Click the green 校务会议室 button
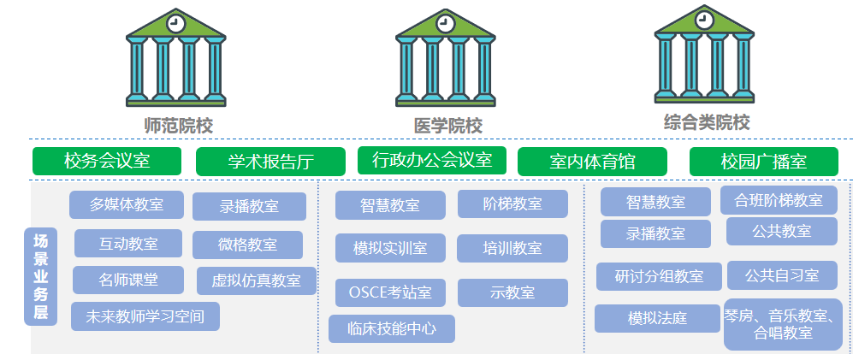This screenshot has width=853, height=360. (x=107, y=162)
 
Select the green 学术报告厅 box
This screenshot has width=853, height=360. (x=270, y=162)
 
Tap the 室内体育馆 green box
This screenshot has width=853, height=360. (x=593, y=162)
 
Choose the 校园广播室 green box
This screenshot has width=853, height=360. (x=764, y=162)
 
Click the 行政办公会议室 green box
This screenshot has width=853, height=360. (x=431, y=160)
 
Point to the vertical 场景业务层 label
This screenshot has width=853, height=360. (x=40, y=277)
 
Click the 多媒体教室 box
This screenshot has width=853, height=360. (x=127, y=204)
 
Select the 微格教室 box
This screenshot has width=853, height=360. (x=247, y=245)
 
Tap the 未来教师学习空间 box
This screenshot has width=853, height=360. (x=145, y=316)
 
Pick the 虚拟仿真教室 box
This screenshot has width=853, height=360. (x=256, y=280)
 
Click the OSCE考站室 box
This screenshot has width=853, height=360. (x=390, y=292)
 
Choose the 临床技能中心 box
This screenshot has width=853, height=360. (x=392, y=328)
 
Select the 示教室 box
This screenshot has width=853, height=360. (x=512, y=292)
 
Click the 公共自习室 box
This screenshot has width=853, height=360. (x=782, y=275)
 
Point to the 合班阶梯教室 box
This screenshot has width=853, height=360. (x=779, y=200)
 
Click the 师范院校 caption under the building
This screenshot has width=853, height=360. (x=178, y=125)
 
